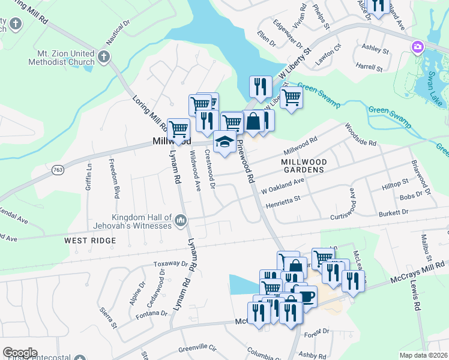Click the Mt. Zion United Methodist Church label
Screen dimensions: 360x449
(61, 58)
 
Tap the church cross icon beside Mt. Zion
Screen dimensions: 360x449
(104, 57)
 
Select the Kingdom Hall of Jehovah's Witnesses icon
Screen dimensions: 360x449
(180, 223)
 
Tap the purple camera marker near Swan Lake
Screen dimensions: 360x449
(417, 47)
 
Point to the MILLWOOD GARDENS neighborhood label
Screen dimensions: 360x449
(304, 166)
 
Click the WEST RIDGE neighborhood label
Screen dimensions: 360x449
(89, 240)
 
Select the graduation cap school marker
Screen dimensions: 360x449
(224, 142)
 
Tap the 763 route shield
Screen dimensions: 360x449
(58, 170)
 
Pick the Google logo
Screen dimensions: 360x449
(20, 353)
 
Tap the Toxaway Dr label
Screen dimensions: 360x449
(171, 263)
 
